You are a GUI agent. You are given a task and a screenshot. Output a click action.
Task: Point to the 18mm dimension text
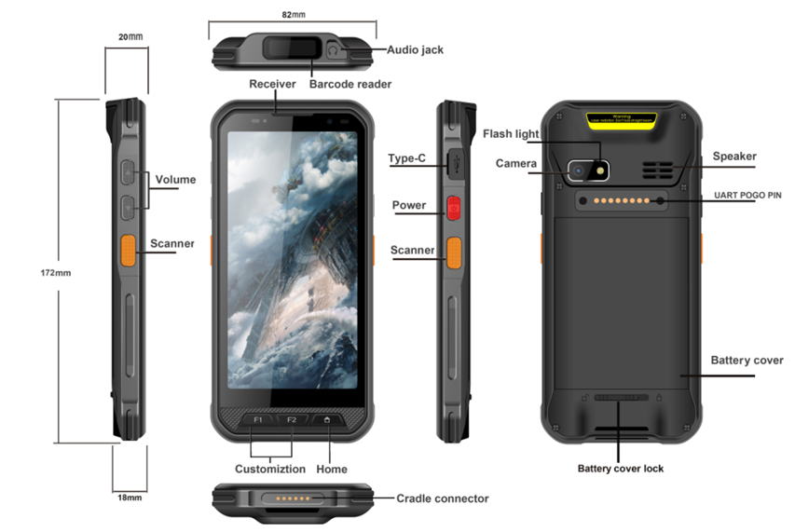130,498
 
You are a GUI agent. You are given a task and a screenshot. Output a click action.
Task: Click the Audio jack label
415,50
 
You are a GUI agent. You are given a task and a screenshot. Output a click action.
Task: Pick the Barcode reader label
350,84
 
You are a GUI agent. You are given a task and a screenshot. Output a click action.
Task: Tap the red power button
454,208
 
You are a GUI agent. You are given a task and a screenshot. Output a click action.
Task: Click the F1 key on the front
258,420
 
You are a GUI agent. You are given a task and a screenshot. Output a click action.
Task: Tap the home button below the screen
328,420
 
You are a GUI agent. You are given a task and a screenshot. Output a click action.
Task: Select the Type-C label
407,158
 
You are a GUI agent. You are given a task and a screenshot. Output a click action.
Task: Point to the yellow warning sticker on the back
622,120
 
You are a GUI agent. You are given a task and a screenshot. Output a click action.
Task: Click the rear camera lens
579,171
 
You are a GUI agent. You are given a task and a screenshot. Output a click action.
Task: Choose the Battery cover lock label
621,469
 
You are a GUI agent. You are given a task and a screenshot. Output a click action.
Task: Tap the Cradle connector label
443,498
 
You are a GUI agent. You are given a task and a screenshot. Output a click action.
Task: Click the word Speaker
734,157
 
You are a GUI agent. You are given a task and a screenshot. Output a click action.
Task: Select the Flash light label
511,133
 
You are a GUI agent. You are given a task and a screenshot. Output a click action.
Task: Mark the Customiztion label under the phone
269,469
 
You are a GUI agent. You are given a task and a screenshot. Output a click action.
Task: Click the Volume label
175,179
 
